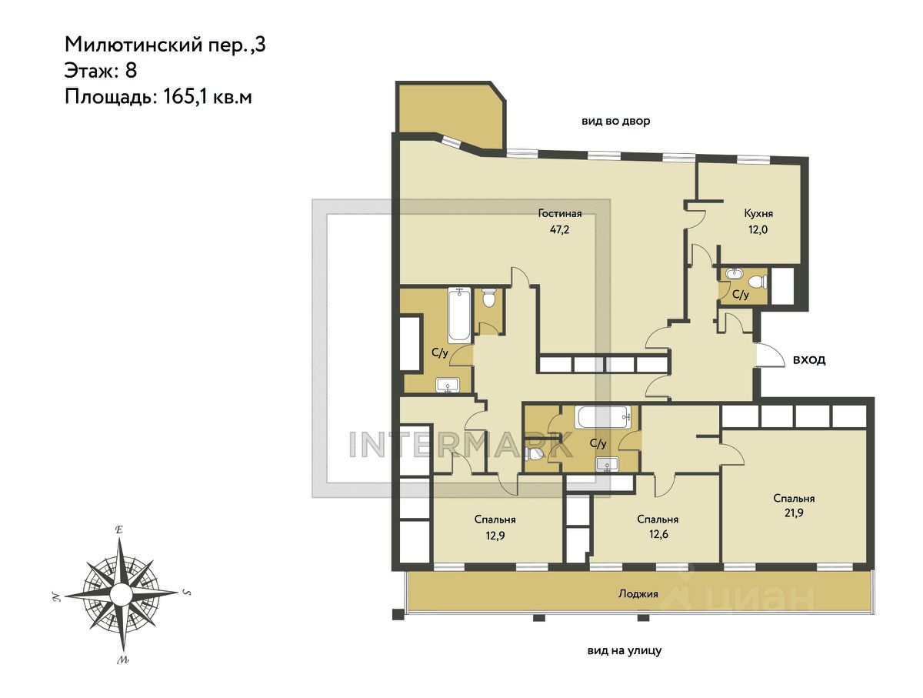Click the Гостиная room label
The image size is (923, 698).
[560, 214]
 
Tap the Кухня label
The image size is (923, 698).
[758, 214]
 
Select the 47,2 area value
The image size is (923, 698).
[560, 230]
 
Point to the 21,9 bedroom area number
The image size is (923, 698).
[794, 513]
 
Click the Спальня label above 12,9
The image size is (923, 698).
[495, 519]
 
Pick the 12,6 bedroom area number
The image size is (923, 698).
[658, 534]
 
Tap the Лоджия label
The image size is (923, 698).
[638, 594]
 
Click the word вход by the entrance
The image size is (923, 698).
[809, 360]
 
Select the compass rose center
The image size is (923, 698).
[121, 593]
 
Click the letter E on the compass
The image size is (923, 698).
[119, 530]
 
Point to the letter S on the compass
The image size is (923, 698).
[187, 593]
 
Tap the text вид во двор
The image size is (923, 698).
[615, 121]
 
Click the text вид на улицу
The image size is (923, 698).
[625, 651]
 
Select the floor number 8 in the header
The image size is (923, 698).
[131, 70]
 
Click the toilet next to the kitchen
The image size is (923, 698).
[759, 281]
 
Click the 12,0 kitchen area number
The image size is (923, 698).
[758, 230]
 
